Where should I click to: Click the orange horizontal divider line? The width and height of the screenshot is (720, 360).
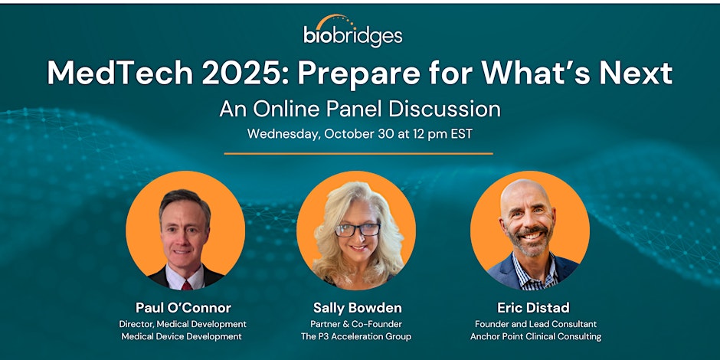358,153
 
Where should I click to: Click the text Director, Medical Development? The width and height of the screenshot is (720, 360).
182,324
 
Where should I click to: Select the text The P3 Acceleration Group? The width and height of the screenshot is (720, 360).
356,336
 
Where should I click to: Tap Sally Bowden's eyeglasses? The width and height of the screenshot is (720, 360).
357,229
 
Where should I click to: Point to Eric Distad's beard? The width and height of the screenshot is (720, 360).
530,243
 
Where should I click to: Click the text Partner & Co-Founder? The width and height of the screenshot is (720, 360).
356,324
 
